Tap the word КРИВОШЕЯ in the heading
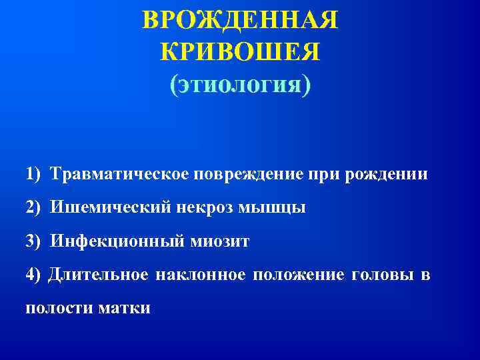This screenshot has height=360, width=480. click(x=240, y=52)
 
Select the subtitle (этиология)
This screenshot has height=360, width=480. click(x=240, y=85)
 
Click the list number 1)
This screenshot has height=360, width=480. click(x=34, y=175)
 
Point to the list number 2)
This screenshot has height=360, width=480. click(x=34, y=207)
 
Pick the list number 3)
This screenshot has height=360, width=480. click(x=34, y=241)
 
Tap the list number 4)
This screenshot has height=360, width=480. click(x=34, y=275)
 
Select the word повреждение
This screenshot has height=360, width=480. click(x=250, y=175)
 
